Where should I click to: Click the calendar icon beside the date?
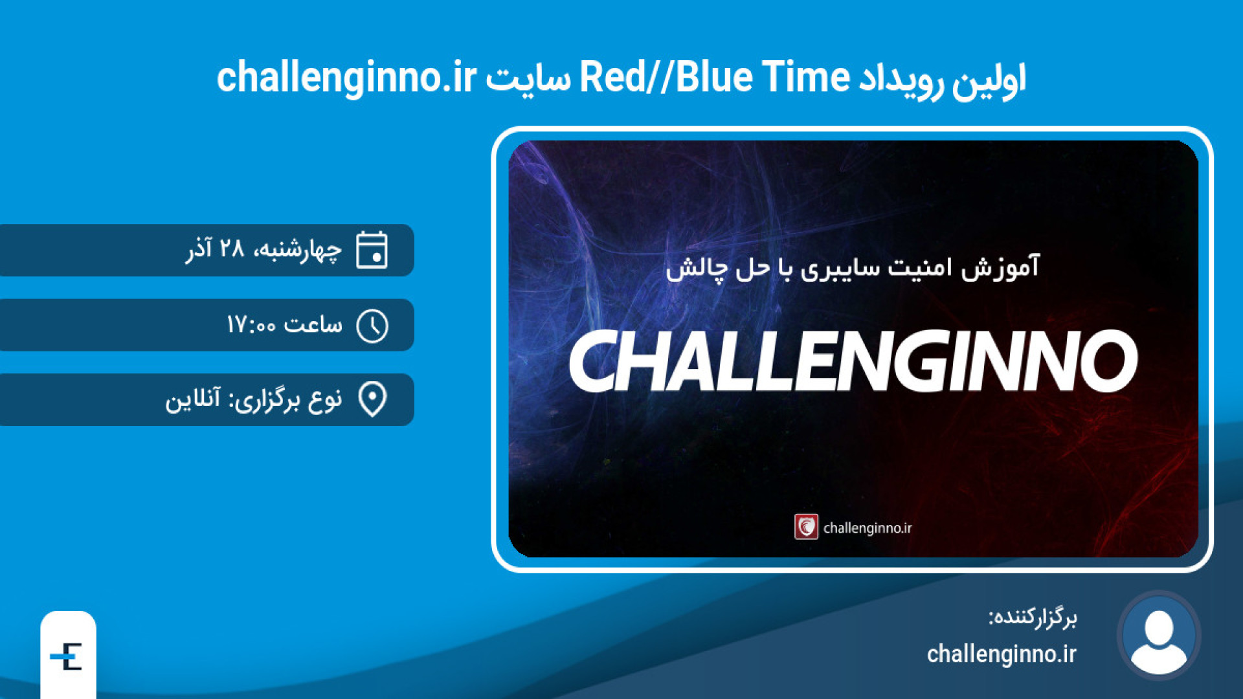(x=372, y=249)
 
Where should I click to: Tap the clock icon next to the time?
(x=372, y=326)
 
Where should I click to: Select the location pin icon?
(x=372, y=399)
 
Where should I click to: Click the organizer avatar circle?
(x=1159, y=636)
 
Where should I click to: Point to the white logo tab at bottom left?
(x=68, y=655)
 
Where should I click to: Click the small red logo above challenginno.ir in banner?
(x=806, y=527)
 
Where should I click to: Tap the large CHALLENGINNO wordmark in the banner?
(x=853, y=361)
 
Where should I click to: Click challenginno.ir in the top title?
(x=346, y=78)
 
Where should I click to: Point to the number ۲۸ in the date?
(x=231, y=248)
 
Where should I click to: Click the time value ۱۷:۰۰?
(x=251, y=324)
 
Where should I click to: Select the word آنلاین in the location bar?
(x=192, y=399)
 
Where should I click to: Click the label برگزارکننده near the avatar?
(x=1033, y=617)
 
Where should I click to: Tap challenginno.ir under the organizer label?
(x=1002, y=654)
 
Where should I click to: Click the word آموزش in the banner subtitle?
(x=1000, y=267)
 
